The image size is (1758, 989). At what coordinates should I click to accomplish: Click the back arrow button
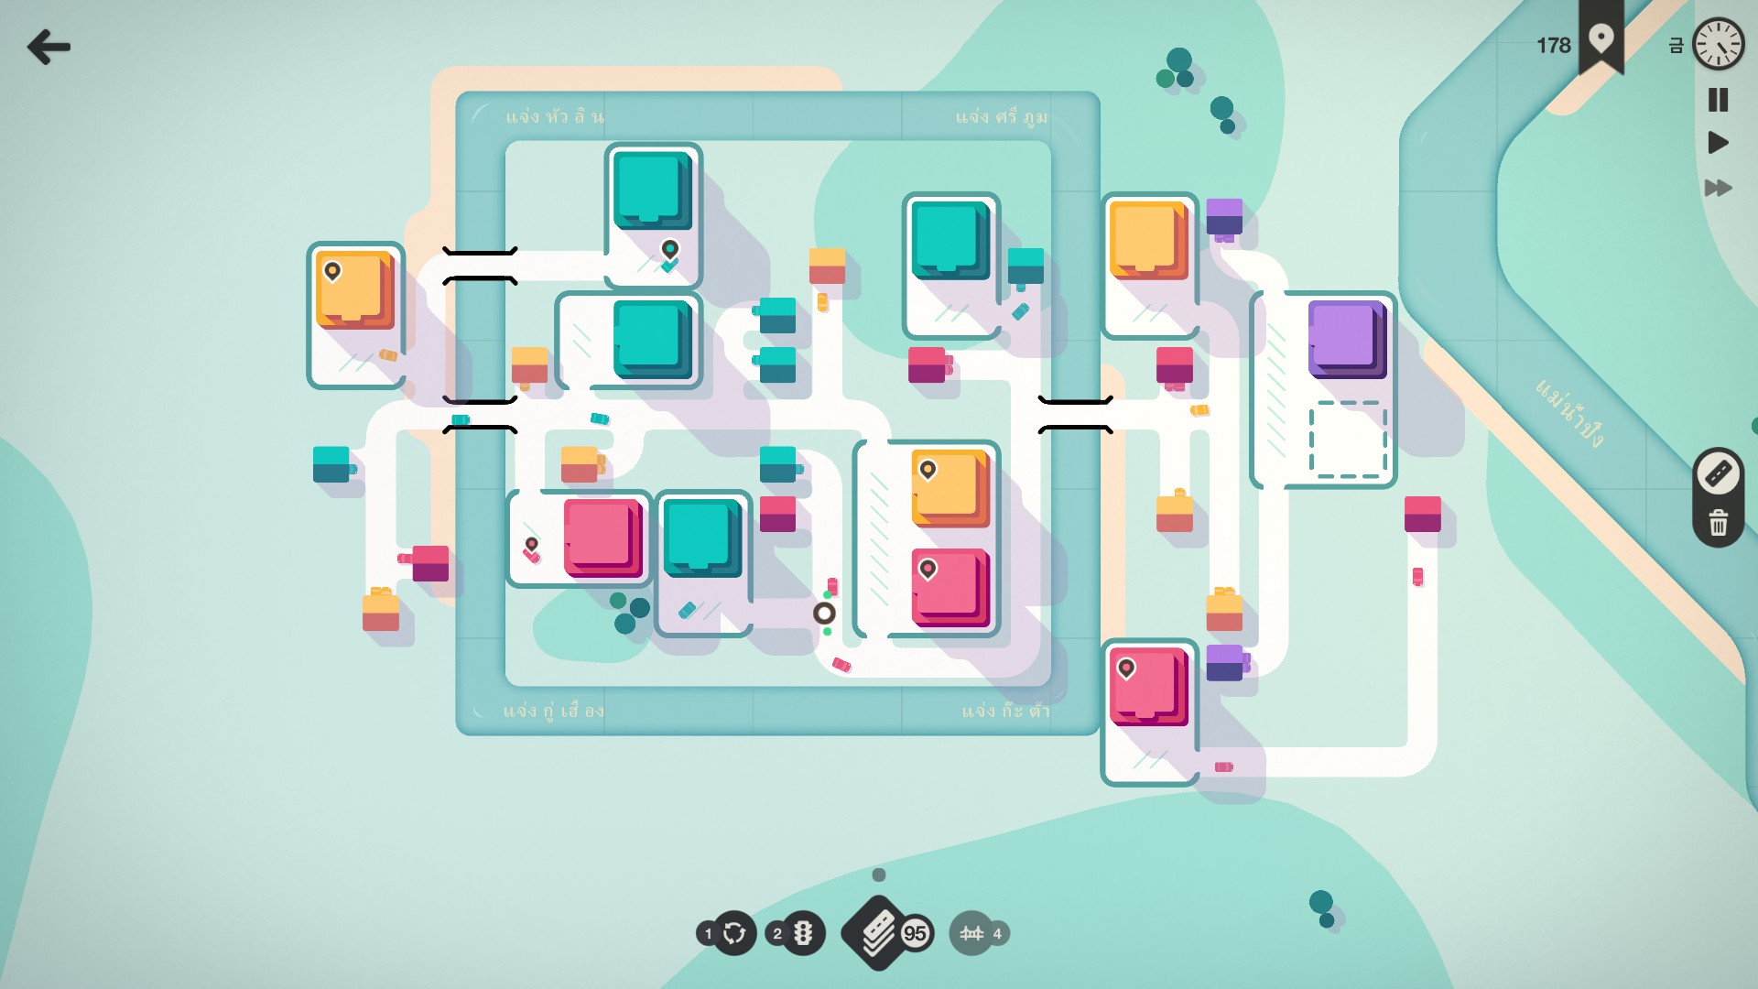(49, 47)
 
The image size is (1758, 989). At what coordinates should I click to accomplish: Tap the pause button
(1718, 99)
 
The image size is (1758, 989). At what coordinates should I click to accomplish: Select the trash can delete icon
(1718, 523)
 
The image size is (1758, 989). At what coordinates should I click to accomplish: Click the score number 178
(1553, 46)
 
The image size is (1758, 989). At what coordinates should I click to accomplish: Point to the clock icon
(1718, 44)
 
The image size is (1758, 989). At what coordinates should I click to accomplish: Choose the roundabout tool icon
(734, 933)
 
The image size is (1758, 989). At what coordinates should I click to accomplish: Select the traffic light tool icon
(803, 933)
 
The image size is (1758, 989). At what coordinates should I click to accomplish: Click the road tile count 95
(915, 933)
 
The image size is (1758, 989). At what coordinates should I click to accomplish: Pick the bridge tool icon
(971, 933)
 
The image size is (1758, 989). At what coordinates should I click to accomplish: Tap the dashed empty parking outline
(1348, 440)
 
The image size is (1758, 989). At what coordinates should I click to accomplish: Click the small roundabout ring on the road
(824, 614)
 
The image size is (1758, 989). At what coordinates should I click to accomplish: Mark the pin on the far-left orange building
(332, 270)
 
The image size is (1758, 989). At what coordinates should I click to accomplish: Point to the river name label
(1569, 413)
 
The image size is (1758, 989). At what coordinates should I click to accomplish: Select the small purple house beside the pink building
(1224, 662)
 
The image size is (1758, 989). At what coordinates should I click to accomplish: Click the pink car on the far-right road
(1417, 576)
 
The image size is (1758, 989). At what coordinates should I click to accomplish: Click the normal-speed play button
(1718, 143)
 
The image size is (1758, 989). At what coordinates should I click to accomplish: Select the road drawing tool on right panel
(1718, 473)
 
